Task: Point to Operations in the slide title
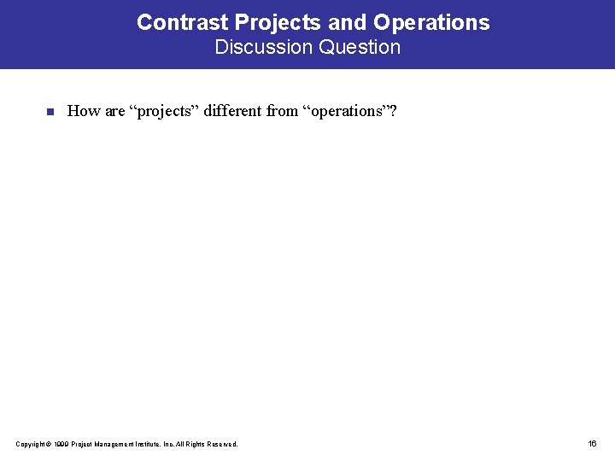431,22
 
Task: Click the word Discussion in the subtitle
264,47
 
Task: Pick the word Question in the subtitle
359,47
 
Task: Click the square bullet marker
50,111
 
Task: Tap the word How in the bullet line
84,110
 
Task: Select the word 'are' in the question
114,110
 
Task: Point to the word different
234,110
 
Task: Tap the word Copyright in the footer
32,444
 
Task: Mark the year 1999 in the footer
61,444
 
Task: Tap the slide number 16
592,443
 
